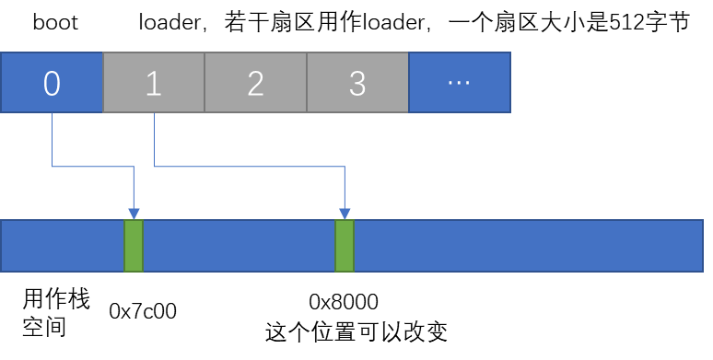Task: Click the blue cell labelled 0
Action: coord(52,83)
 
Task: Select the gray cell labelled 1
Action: coord(154,83)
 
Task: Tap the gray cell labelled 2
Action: coord(255,83)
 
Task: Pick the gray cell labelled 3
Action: coord(357,83)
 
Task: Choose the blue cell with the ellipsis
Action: coord(459,83)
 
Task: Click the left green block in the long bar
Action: coord(134,246)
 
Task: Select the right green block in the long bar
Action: coord(345,246)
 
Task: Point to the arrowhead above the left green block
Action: coord(134,214)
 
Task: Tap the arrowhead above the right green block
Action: coord(345,214)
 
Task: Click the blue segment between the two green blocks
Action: coord(240,246)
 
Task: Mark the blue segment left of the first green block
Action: coord(62,246)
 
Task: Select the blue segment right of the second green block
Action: coord(528,246)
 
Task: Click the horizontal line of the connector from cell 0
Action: coord(92,167)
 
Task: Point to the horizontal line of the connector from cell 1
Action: coord(249,167)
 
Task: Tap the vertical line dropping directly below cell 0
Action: coord(52,139)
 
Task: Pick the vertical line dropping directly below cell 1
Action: coord(154,139)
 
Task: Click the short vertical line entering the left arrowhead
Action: coord(134,188)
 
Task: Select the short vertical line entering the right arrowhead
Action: coord(345,188)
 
